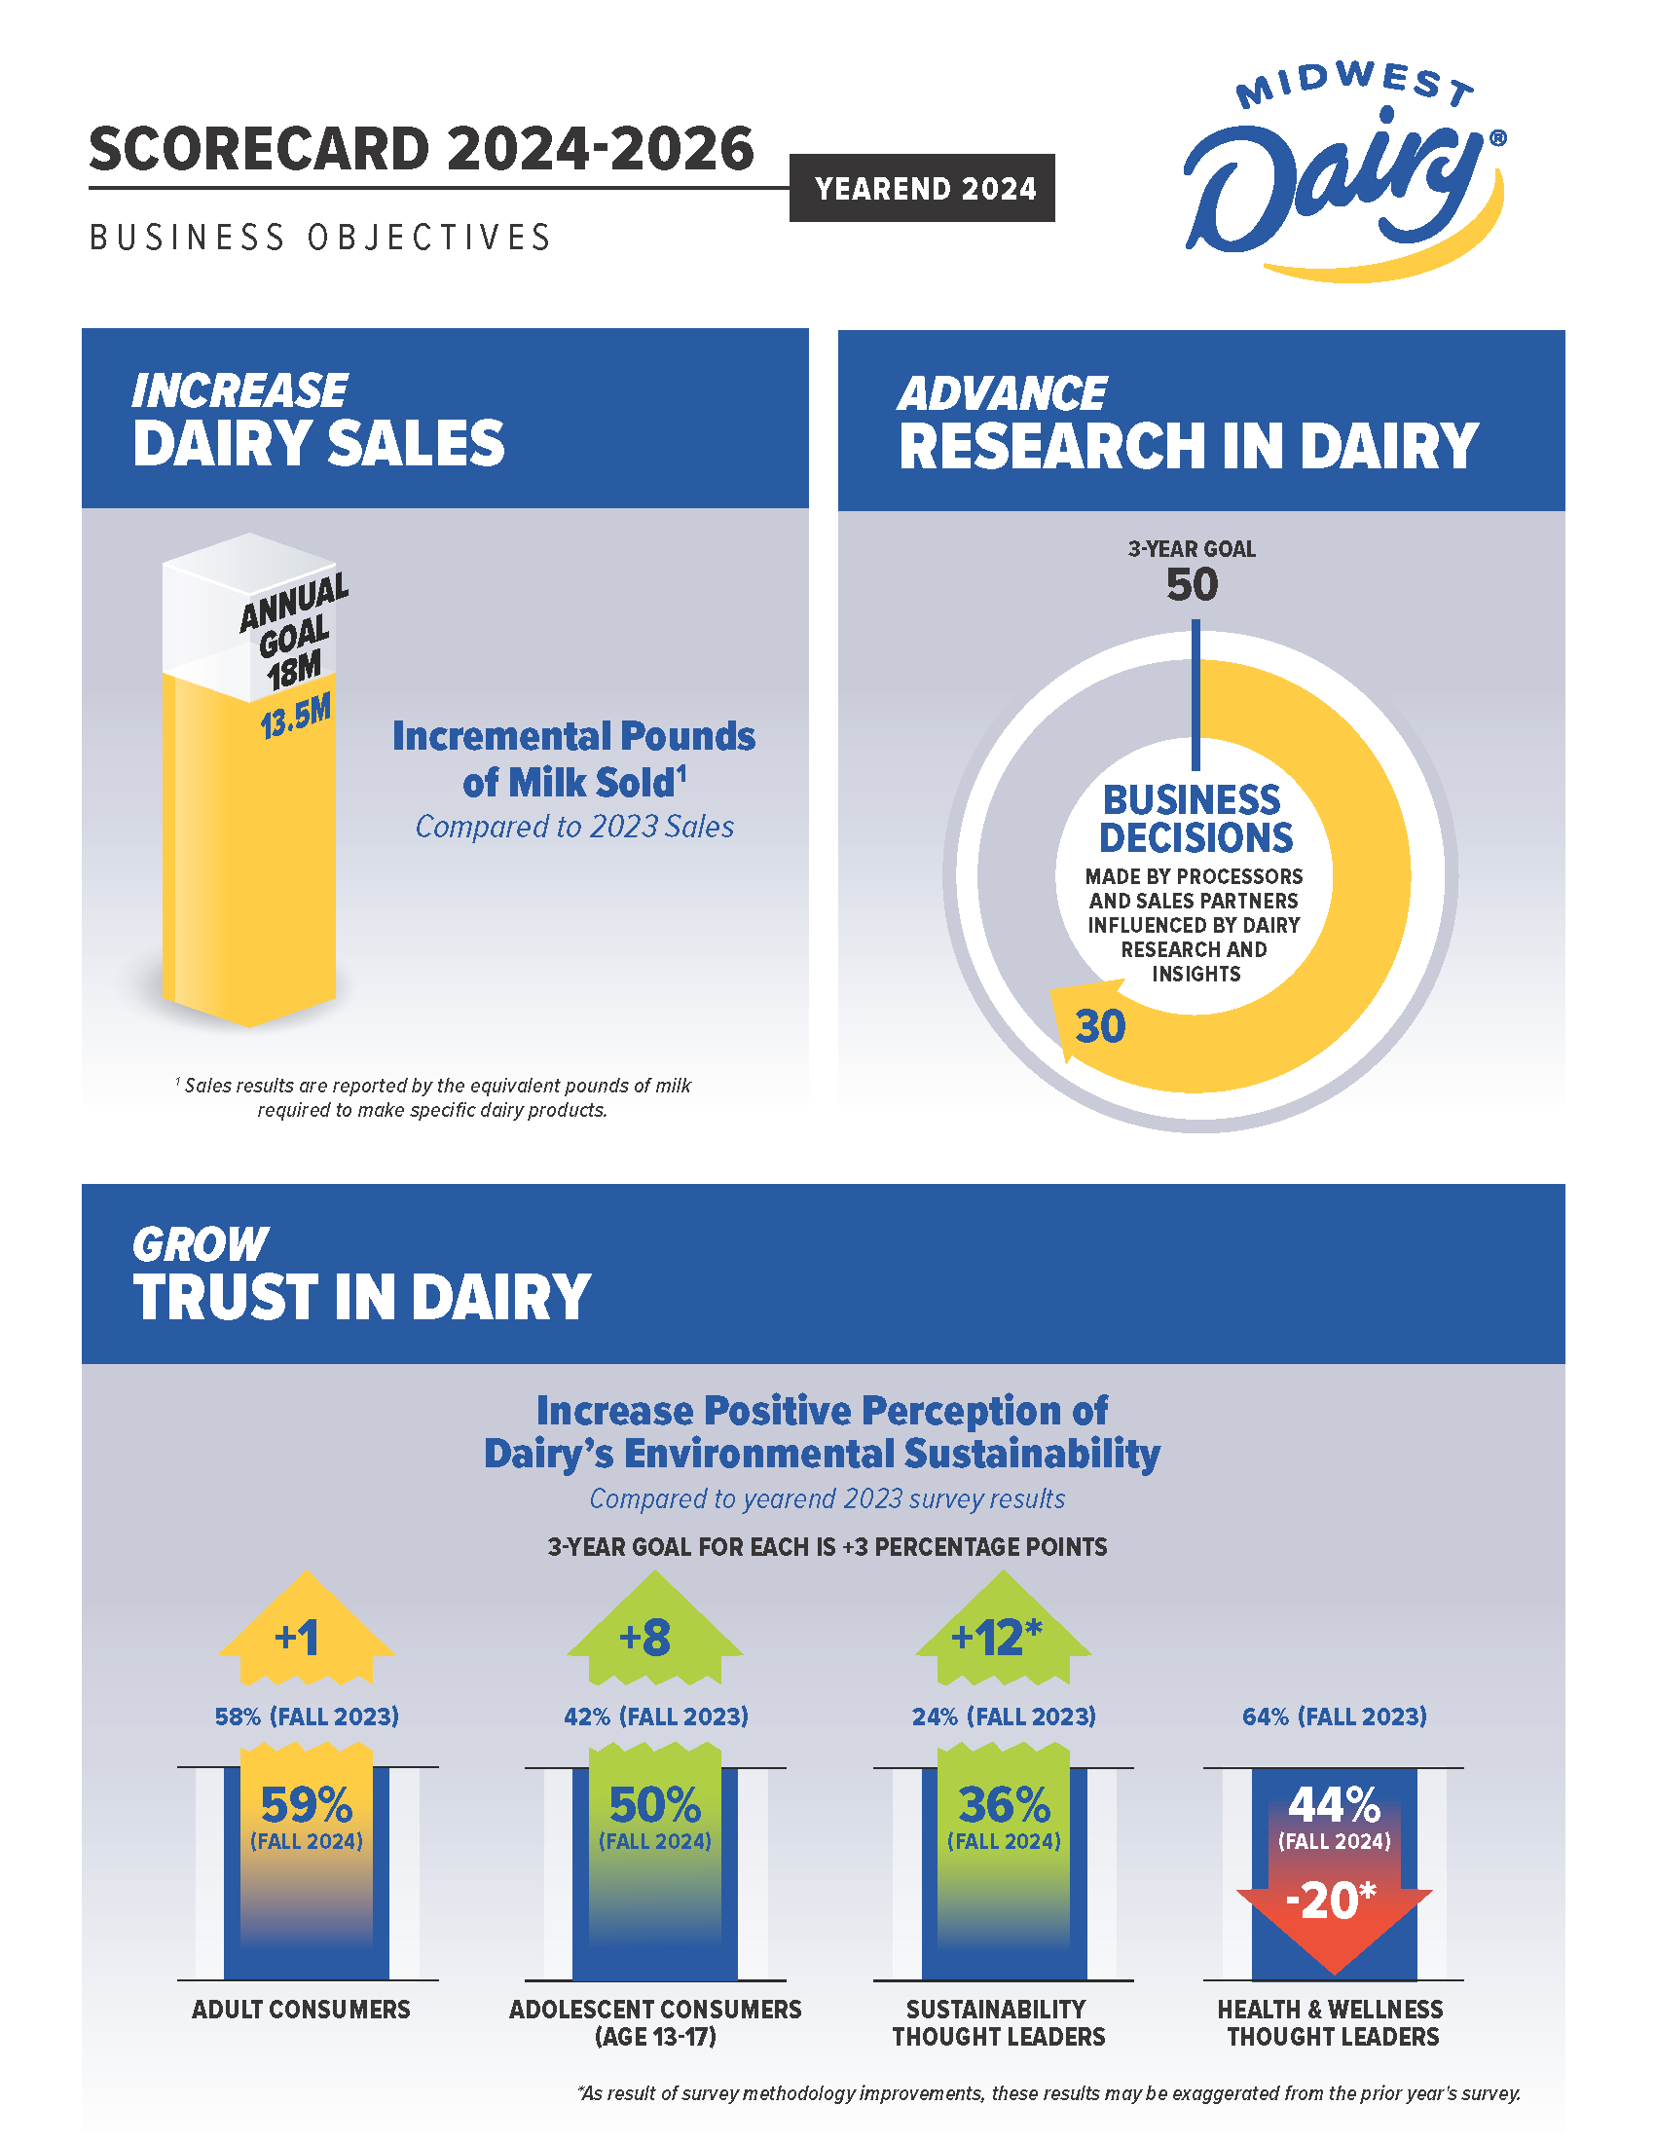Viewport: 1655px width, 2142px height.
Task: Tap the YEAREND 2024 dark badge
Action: click(x=922, y=188)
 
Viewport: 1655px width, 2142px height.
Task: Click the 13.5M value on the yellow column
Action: click(x=295, y=717)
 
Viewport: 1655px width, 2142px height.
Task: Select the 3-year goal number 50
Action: click(x=1192, y=585)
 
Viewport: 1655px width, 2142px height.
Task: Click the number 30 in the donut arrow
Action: click(x=1099, y=1027)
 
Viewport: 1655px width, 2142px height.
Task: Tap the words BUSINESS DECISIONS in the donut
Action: click(x=1195, y=819)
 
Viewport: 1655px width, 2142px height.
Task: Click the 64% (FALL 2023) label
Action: click(x=1334, y=1717)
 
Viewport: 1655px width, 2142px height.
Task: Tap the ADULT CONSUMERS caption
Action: click(x=301, y=2009)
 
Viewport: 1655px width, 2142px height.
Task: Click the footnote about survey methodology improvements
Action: click(x=1048, y=2094)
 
